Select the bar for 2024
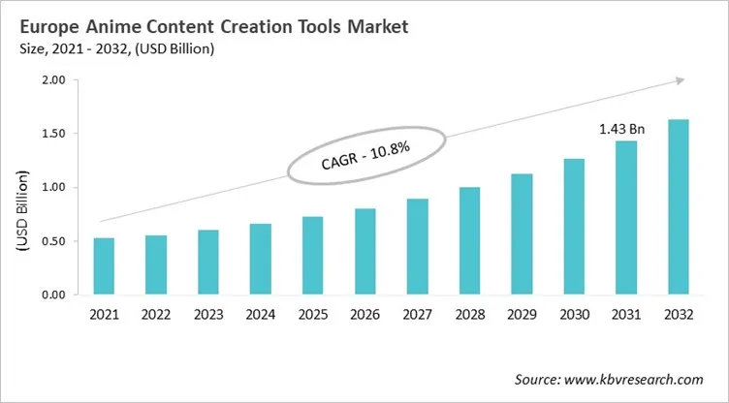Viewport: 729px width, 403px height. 262,260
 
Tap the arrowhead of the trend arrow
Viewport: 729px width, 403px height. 681,80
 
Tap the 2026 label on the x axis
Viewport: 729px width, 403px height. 364,316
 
